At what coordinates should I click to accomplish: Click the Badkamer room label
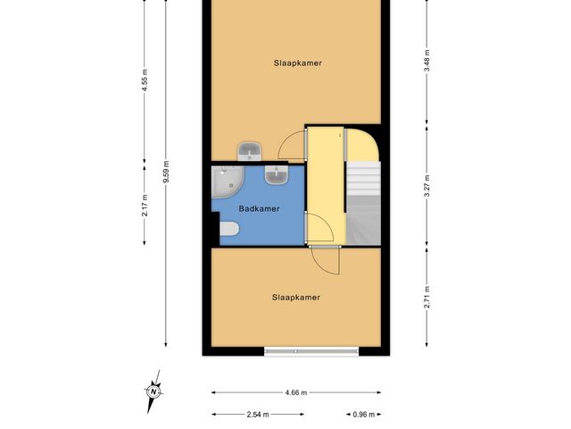[x=259, y=209]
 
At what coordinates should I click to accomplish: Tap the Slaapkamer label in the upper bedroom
[x=297, y=63]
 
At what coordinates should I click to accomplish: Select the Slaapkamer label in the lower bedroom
[x=295, y=298]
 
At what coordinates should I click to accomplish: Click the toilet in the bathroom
[x=228, y=232]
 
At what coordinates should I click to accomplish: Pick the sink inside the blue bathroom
[x=277, y=174]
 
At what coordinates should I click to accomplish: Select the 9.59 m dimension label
[x=166, y=172]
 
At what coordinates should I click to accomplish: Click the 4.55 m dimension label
[x=145, y=83]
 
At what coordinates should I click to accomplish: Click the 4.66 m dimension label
[x=295, y=392]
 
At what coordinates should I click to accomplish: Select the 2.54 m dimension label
[x=257, y=415]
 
